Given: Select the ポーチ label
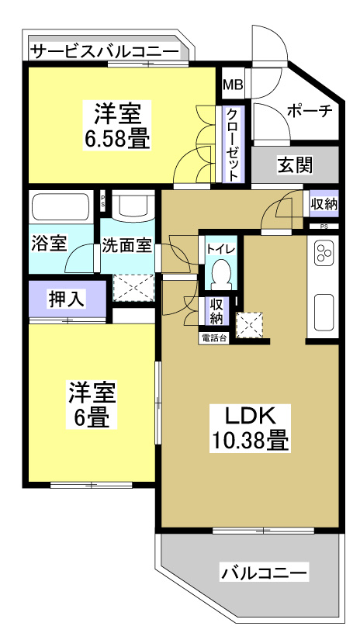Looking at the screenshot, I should coord(310,111).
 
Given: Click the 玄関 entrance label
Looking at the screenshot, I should coord(295,164).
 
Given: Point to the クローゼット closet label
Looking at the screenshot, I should coord(233,145).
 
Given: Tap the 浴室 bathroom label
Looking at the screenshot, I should coord(48,244).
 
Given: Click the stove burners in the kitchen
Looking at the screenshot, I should coord(323,253).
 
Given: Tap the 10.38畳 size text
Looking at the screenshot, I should coord(250,441).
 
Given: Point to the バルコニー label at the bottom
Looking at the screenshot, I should coord(264,574).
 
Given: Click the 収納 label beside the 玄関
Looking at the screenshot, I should coord(324,204).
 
